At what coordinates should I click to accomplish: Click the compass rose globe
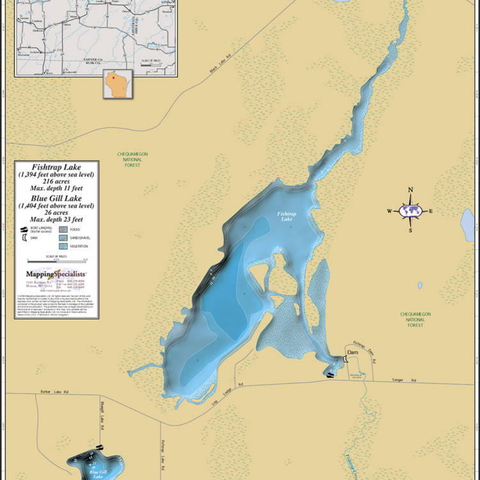410,211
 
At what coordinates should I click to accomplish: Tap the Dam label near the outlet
353,353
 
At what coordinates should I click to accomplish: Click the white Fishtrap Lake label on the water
286,216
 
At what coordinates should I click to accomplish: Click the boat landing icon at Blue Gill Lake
99,446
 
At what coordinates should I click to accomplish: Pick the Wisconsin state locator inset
118,84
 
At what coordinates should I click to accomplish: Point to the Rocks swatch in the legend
63,228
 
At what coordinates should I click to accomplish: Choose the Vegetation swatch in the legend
63,246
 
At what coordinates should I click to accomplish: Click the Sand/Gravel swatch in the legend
63,237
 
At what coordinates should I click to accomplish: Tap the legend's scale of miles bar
56,261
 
